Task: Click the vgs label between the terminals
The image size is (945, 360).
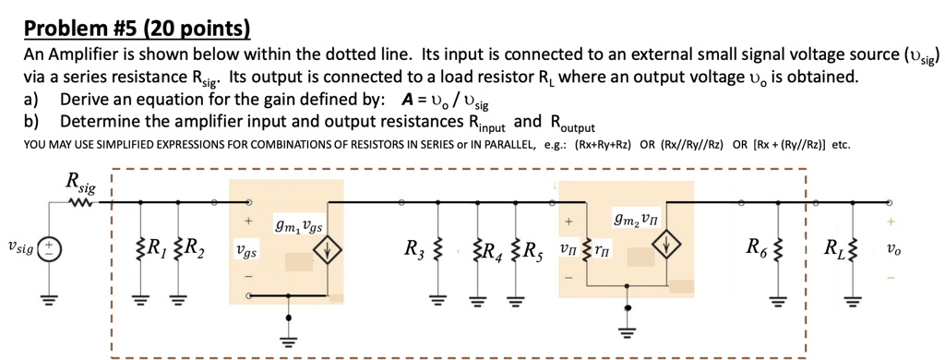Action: tap(246, 250)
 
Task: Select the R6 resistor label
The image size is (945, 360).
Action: tap(759, 247)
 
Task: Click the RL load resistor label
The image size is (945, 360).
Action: tap(834, 248)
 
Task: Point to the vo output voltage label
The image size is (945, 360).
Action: tap(891, 250)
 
